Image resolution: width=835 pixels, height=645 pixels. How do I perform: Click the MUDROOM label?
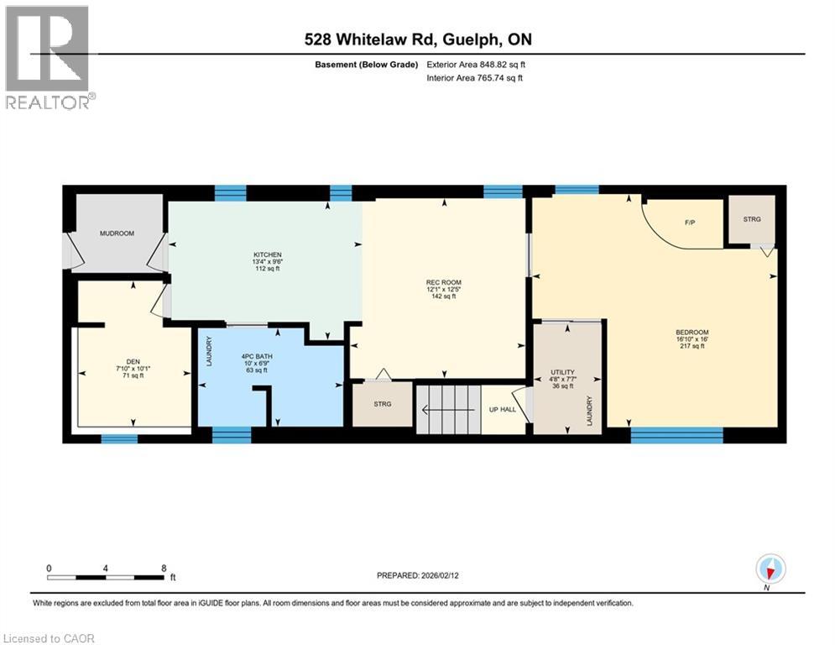pyautogui.click(x=117, y=233)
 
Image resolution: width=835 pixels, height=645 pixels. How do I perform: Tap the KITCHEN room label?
pyautogui.click(x=268, y=254)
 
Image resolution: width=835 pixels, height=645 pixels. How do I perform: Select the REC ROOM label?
pyautogui.click(x=443, y=282)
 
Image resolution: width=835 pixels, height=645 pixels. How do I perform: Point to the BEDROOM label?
pyautogui.click(x=691, y=333)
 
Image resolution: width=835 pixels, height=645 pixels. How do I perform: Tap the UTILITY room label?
pyautogui.click(x=561, y=370)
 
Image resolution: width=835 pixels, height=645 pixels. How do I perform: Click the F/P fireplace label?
pyautogui.click(x=691, y=223)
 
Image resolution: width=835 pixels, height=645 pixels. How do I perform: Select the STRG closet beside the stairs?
pyautogui.click(x=382, y=404)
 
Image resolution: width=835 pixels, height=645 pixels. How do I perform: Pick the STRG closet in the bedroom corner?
pyautogui.click(x=751, y=219)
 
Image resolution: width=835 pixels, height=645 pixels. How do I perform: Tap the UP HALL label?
pyautogui.click(x=503, y=411)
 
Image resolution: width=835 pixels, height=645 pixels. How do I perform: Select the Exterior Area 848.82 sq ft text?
pyautogui.click(x=476, y=64)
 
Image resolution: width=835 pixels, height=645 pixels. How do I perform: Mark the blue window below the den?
pyautogui.click(x=118, y=438)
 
